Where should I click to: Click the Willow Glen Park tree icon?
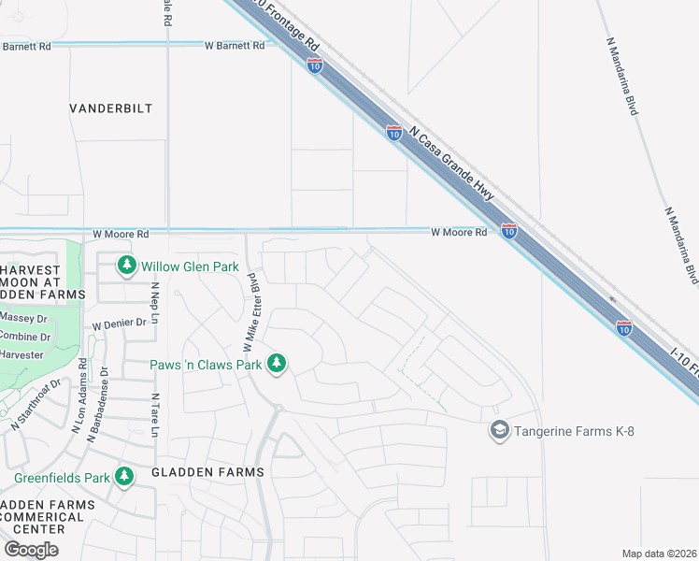coord(127,266)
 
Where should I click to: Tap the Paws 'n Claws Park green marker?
coord(276,363)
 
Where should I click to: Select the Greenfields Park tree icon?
coord(124,477)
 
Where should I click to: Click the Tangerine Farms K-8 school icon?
coord(499,430)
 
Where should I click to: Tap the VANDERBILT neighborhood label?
coord(110,108)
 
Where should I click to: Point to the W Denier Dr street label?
coord(120,323)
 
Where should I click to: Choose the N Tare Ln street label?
coord(155,415)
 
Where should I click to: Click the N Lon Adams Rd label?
coord(78,396)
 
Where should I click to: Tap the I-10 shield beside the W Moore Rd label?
coord(508,230)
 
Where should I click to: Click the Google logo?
coord(31,549)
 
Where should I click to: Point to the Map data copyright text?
coord(659,554)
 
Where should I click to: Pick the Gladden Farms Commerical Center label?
coord(47,517)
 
